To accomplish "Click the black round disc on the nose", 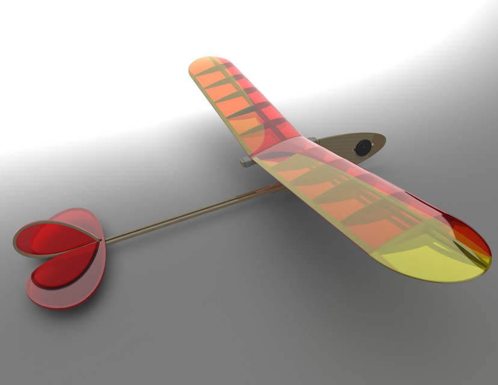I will [x=363, y=147].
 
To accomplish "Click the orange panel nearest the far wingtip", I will [x=207, y=75].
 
